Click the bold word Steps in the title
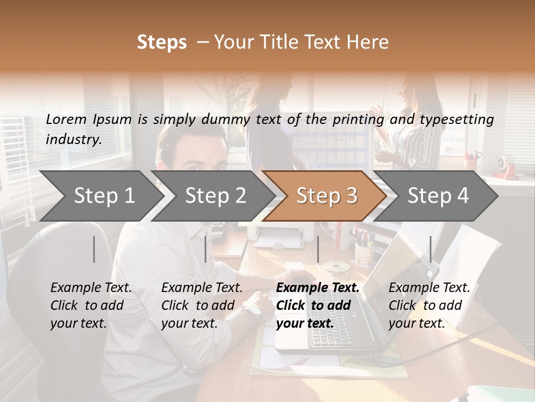pyautogui.click(x=162, y=42)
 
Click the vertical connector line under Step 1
pyautogui.click(x=94, y=249)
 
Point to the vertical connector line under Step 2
pyautogui.click(x=205, y=249)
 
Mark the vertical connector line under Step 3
pyautogui.click(x=318, y=249)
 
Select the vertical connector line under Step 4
pyautogui.click(x=430, y=249)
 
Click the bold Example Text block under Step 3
pyautogui.click(x=317, y=305)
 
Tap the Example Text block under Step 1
pyautogui.click(x=90, y=305)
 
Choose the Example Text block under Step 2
pyautogui.click(x=201, y=305)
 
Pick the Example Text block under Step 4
pyautogui.click(x=429, y=305)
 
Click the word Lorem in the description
pyautogui.click(x=66, y=119)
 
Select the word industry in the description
pyautogui.click(x=73, y=140)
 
